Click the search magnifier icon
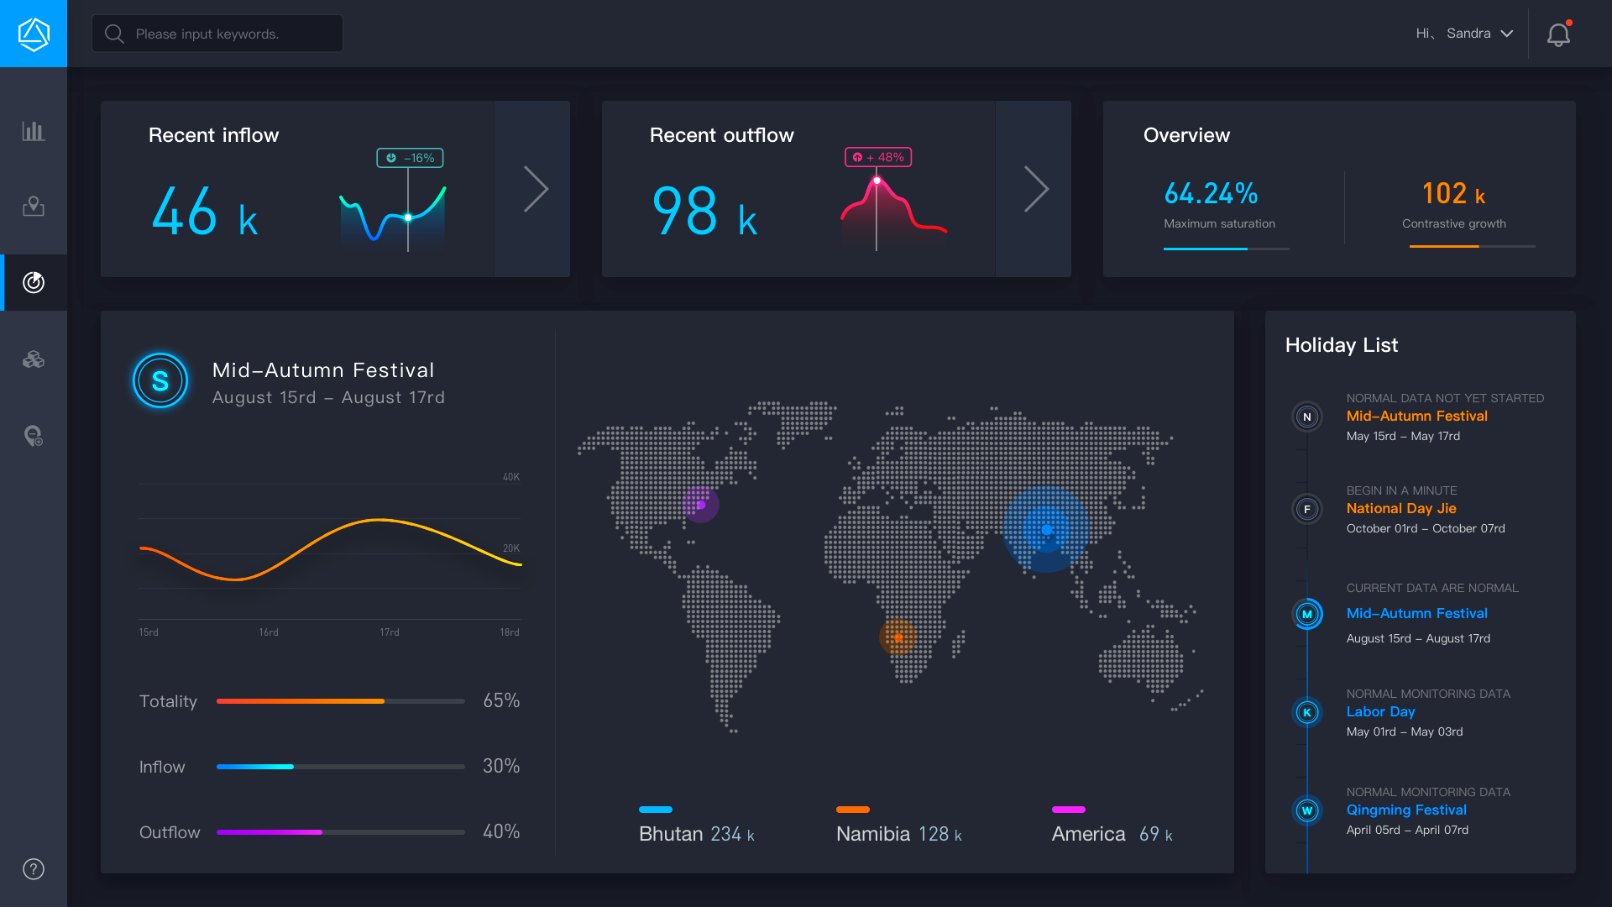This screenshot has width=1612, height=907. click(114, 34)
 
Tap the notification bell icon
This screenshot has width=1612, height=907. click(1558, 34)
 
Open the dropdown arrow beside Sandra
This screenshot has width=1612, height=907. click(1507, 34)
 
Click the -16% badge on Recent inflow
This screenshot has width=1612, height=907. click(410, 158)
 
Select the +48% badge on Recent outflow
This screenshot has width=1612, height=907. click(878, 157)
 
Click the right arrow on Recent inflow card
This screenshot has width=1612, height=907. click(536, 189)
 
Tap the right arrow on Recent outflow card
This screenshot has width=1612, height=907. click(1036, 189)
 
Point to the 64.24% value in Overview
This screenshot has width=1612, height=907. click(1211, 194)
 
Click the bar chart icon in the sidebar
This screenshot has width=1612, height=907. click(34, 131)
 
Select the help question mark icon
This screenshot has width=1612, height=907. click(34, 869)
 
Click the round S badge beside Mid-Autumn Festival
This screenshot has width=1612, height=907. click(160, 381)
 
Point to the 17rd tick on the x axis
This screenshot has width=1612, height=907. click(390, 632)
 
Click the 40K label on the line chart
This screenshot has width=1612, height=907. click(510, 477)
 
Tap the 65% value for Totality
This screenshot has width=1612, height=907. click(501, 700)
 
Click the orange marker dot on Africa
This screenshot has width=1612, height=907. click(898, 637)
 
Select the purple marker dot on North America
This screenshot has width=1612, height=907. click(700, 505)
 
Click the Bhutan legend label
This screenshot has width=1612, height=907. click(671, 834)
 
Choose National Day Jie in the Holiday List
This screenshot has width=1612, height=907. click(1400, 508)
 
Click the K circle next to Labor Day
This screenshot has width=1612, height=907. click(1307, 712)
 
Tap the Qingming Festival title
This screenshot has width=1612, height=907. click(1406, 810)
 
